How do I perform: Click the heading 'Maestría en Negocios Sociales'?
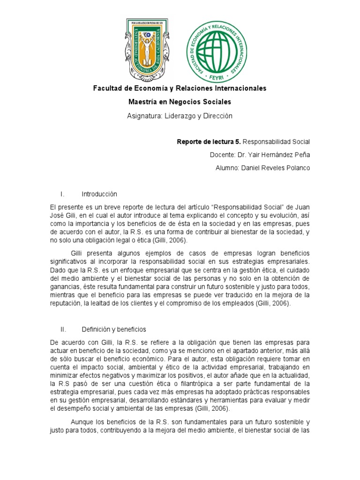180,102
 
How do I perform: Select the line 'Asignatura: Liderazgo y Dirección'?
180,115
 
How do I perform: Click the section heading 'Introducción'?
99,194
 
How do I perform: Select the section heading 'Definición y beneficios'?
113,330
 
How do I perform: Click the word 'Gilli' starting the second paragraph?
79,253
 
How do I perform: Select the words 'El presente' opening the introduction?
65,207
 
